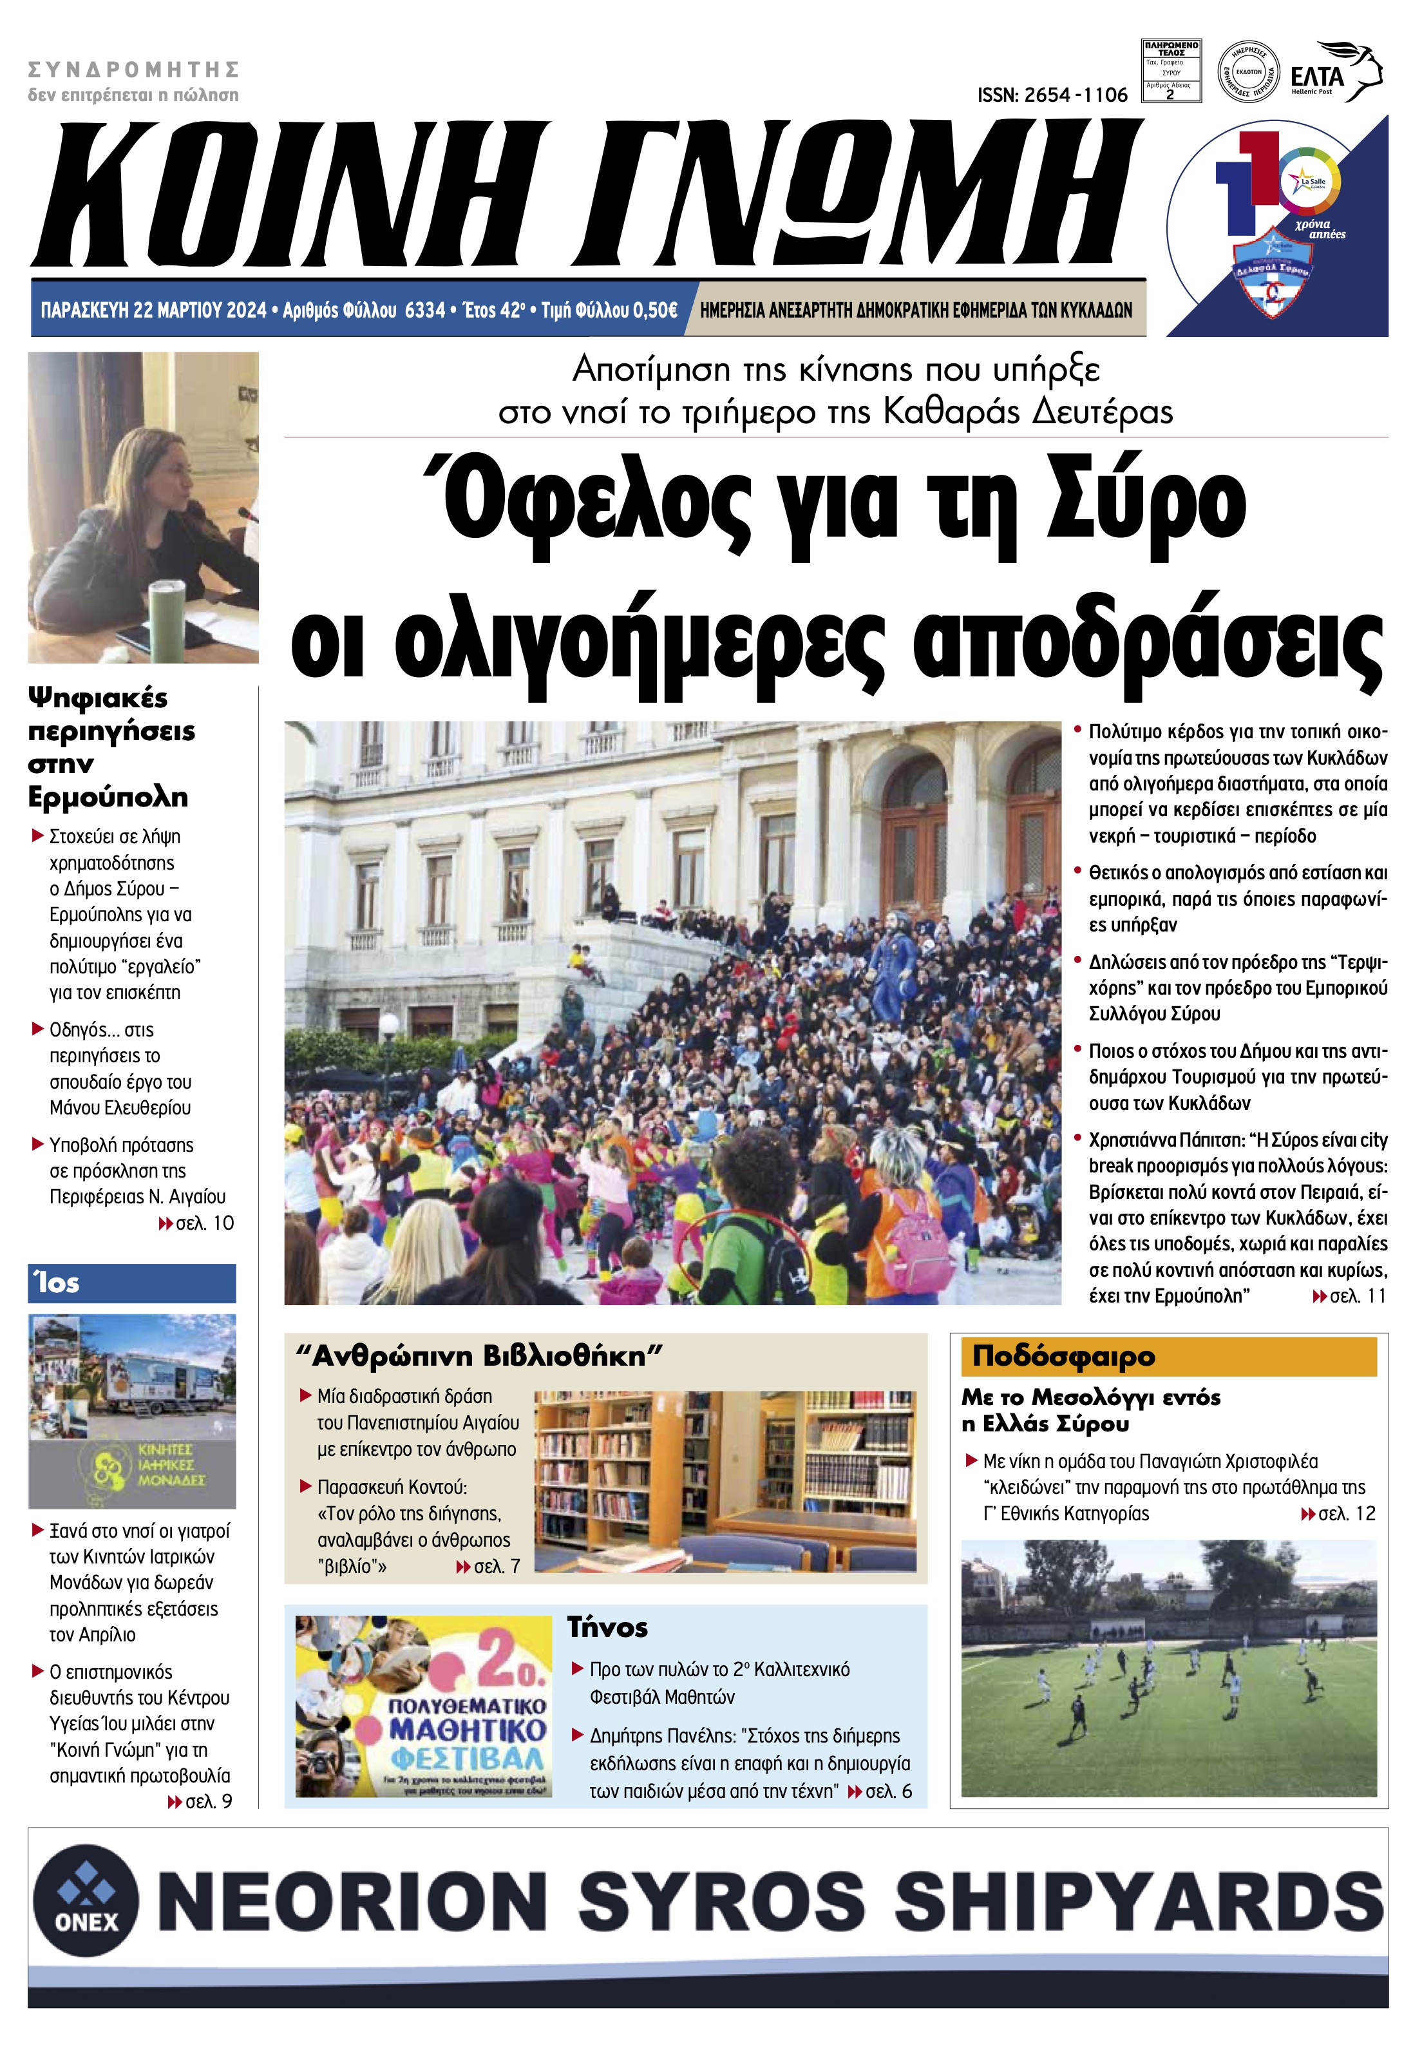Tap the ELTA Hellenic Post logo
[x=1334, y=73]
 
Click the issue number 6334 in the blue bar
[x=424, y=310]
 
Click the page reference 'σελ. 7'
[x=497, y=1566]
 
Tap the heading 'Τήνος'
[x=608, y=1627]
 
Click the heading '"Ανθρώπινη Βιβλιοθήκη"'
[x=479, y=1357]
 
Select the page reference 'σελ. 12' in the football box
[x=1345, y=1514]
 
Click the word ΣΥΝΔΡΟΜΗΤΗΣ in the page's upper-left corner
[x=134, y=70]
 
